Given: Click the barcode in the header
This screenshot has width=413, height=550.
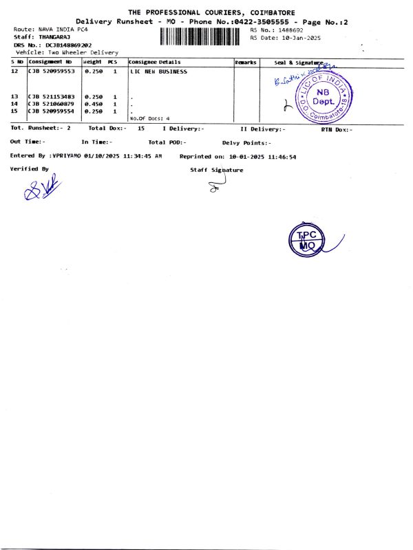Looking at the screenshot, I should (204, 36).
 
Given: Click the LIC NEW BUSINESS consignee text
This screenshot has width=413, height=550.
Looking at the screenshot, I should (158, 71).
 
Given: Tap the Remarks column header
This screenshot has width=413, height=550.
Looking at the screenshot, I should (246, 63).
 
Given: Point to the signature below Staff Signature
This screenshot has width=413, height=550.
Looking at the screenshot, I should (216, 182).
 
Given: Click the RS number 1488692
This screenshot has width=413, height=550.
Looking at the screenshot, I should (290, 30).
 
